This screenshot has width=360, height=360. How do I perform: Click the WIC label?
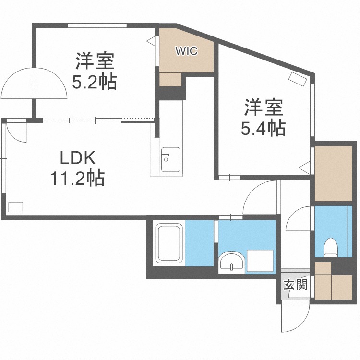coord(186,51)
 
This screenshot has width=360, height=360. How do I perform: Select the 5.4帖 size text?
coord(264,128)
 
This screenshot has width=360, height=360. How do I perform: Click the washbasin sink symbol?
coord(233,262)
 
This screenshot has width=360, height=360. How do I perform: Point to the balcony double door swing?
coord(34,84)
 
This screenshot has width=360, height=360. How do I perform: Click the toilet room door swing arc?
coord(299,219)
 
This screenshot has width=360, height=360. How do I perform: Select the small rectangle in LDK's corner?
coord(16,207)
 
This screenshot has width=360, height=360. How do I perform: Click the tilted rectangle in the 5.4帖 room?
coord(296,78)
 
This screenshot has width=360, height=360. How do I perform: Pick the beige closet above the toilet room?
coord(334,171)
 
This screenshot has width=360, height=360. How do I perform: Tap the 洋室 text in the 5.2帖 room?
coord(94,62)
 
